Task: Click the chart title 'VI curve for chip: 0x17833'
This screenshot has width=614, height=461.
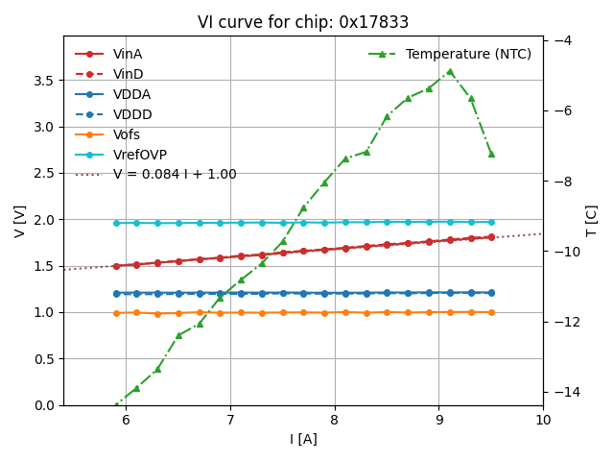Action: click(302, 22)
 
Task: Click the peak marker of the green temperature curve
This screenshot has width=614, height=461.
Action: click(450, 71)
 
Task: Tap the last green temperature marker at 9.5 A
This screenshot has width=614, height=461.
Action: click(491, 154)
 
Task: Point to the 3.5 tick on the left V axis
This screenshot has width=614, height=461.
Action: click(45, 81)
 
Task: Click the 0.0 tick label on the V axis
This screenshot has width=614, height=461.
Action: click(45, 405)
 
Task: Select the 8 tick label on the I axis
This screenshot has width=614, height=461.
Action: click(334, 421)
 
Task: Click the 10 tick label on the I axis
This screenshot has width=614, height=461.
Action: click(543, 421)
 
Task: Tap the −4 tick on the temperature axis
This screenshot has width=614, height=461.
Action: click(563, 40)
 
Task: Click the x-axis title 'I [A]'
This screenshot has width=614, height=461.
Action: click(303, 440)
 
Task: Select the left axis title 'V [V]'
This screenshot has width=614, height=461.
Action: click(19, 221)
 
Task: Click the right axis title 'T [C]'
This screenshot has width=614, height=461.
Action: click(592, 221)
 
